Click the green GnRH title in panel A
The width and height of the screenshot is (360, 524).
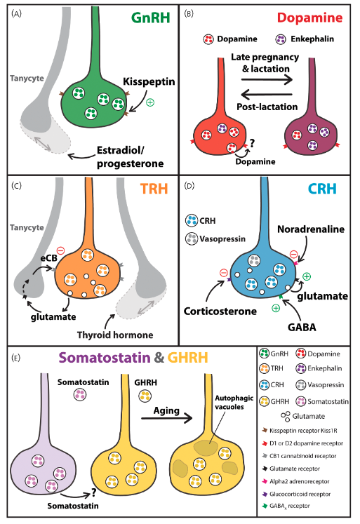pyautogui.click(x=151, y=18)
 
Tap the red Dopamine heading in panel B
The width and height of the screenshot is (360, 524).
pyautogui.click(x=310, y=18)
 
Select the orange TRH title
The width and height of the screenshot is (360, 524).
pyautogui.click(x=154, y=189)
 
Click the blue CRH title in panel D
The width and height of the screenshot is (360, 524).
pyautogui.click(x=322, y=189)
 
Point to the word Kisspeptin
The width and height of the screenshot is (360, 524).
pyautogui.click(x=149, y=81)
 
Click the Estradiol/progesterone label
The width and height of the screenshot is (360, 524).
pyautogui.click(x=131, y=156)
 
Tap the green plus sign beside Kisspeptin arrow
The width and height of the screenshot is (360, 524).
pyautogui.click(x=150, y=102)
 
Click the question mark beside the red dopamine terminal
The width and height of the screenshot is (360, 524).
pyautogui.click(x=252, y=143)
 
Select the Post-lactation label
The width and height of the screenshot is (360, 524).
pyautogui.click(x=267, y=107)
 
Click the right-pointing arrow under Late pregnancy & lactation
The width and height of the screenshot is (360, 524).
pyautogui.click(x=267, y=79)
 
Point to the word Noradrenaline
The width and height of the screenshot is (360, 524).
pyautogui.click(x=311, y=229)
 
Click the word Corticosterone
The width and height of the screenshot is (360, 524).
pyautogui.click(x=220, y=311)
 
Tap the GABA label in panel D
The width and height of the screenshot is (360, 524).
pyautogui.click(x=302, y=327)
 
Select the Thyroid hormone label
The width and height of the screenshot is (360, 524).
pyautogui.click(x=115, y=335)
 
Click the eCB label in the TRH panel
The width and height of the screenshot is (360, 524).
pyautogui.click(x=49, y=258)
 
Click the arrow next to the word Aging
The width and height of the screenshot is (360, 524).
pyautogui.click(x=167, y=418)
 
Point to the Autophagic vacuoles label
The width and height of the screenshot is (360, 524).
pyautogui.click(x=234, y=403)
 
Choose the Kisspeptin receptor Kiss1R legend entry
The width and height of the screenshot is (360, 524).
pyautogui.click(x=300, y=431)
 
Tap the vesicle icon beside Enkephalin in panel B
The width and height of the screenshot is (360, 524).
pyautogui.click(x=281, y=39)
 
